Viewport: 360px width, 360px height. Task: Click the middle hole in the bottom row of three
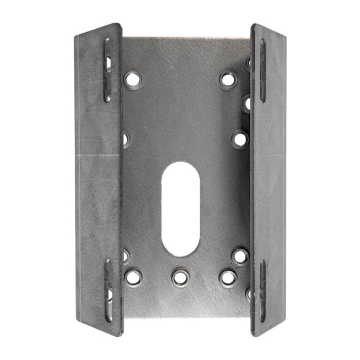(x=179, y=277)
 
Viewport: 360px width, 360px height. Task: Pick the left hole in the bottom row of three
(x=133, y=277)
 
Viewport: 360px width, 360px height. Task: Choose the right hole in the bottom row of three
(x=228, y=277)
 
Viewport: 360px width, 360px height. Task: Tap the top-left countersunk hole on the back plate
(x=132, y=79)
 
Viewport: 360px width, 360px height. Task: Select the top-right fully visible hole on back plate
(x=227, y=79)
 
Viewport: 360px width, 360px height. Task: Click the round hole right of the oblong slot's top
(x=239, y=138)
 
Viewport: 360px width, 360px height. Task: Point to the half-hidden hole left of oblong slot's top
(x=125, y=138)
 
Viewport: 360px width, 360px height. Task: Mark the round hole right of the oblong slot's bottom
(x=240, y=256)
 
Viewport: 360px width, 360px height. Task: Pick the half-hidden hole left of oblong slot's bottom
(x=126, y=255)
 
